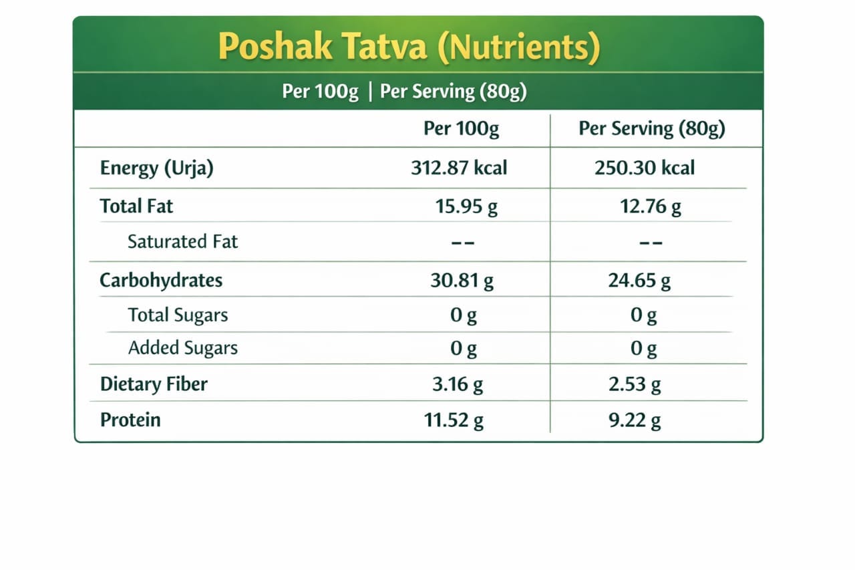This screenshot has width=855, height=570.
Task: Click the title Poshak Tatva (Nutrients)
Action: coord(409,47)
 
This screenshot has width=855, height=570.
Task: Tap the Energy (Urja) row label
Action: coord(156,168)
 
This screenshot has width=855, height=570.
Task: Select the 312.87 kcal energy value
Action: coord(459,168)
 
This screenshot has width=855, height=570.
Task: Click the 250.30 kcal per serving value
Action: coord(645,168)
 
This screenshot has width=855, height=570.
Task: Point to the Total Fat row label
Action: coord(136,206)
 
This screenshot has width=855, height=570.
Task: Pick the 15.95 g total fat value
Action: coord(466,207)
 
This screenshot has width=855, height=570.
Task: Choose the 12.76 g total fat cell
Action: coord(651,207)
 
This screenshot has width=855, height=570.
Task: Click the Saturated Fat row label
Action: coord(182,241)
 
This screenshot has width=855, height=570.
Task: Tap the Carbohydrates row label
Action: coord(161,280)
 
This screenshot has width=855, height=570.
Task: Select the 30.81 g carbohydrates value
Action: coord(462,281)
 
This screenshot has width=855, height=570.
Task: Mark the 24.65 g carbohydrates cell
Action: coord(639,281)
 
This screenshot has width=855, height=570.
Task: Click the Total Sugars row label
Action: coord(178,315)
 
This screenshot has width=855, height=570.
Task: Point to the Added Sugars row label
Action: coord(182,347)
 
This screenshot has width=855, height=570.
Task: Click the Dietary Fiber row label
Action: coord(154,384)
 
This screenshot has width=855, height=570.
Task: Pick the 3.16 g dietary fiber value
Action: coord(458,385)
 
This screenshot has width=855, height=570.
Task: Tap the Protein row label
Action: coord(130,420)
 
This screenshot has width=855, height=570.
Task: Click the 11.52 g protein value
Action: coord(454,420)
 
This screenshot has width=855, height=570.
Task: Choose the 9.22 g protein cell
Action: coord(635,420)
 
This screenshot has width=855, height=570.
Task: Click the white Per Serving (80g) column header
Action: coord(651,129)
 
